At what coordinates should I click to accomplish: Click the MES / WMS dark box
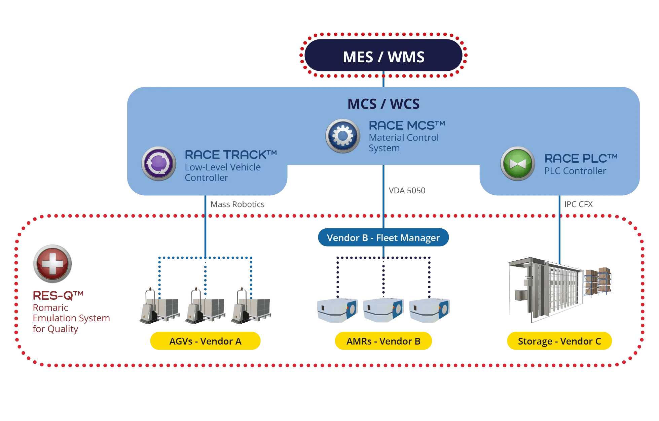point(383,56)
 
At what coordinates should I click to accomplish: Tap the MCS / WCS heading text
point(383,104)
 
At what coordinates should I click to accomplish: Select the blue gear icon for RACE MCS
point(342,136)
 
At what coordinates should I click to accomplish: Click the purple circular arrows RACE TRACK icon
point(158,164)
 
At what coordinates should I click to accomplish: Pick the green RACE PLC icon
point(517,164)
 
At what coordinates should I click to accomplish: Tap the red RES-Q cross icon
point(52,264)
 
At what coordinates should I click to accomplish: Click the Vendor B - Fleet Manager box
point(383,238)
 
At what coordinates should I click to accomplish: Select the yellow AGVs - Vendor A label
point(205,341)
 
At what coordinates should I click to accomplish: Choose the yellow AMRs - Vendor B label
point(383,341)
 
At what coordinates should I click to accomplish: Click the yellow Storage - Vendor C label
point(559,341)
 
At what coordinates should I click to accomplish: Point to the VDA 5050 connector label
point(407,191)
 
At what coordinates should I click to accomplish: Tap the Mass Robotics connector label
point(237,204)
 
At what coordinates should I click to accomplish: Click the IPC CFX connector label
point(579,204)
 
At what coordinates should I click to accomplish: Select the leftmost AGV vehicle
point(159,306)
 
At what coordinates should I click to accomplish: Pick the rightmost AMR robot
point(430,310)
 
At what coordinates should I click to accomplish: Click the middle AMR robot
point(383,310)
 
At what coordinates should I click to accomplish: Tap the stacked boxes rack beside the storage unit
point(598,281)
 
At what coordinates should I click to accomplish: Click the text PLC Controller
point(575,171)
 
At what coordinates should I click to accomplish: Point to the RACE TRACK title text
point(231,155)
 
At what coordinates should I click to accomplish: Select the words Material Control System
point(403,143)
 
